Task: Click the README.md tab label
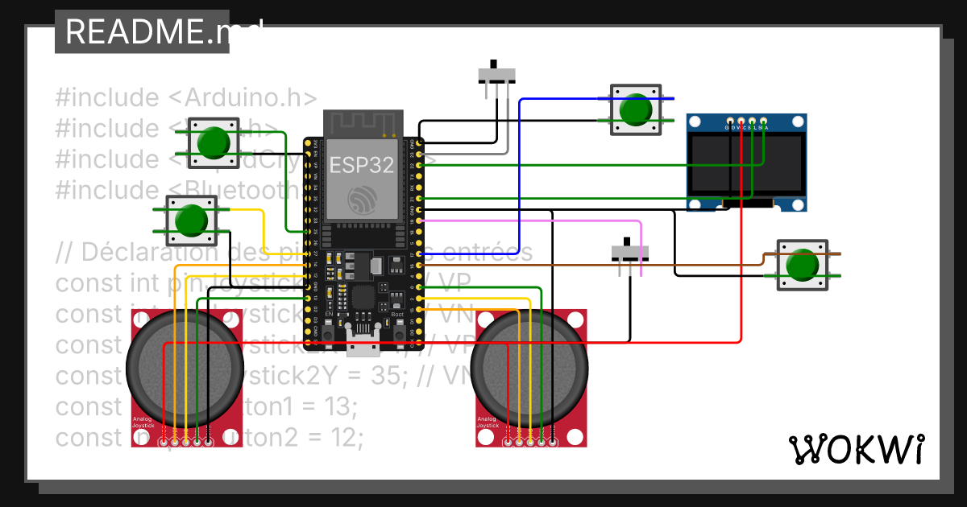pyautogui.click(x=142, y=31)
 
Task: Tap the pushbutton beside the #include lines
pyautogui.click(x=214, y=142)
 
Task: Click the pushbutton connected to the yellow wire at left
pyautogui.click(x=191, y=221)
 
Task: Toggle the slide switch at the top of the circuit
pyautogui.click(x=497, y=74)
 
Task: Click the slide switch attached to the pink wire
pyautogui.click(x=630, y=253)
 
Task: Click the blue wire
pyautogui.click(x=520, y=177)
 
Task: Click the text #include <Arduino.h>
pyautogui.click(x=186, y=97)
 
